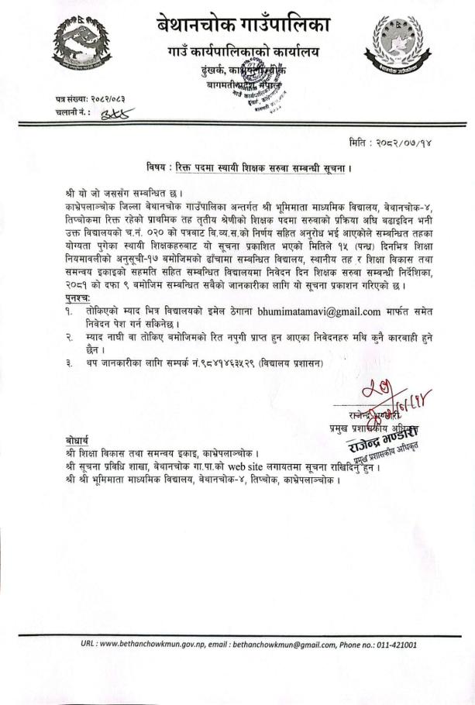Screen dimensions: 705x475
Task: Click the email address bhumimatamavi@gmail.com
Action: [325, 311]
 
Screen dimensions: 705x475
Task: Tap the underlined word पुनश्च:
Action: [78, 297]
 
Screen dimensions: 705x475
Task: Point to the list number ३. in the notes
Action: [69, 363]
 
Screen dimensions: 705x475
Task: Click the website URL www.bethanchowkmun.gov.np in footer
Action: [150, 644]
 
